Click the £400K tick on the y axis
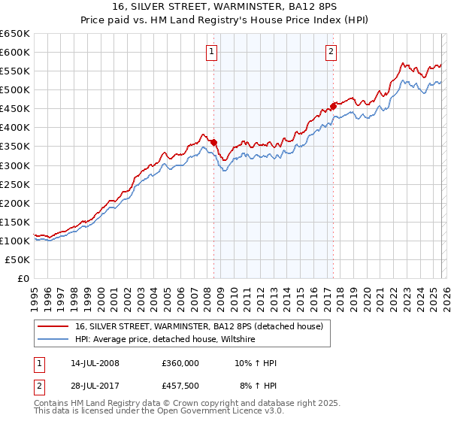15,127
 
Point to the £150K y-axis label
15,222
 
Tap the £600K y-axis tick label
15,52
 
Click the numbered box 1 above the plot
213,52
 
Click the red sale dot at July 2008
214,142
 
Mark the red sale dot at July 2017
334,105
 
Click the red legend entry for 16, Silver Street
198,326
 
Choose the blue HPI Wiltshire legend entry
165,340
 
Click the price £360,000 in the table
180,363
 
